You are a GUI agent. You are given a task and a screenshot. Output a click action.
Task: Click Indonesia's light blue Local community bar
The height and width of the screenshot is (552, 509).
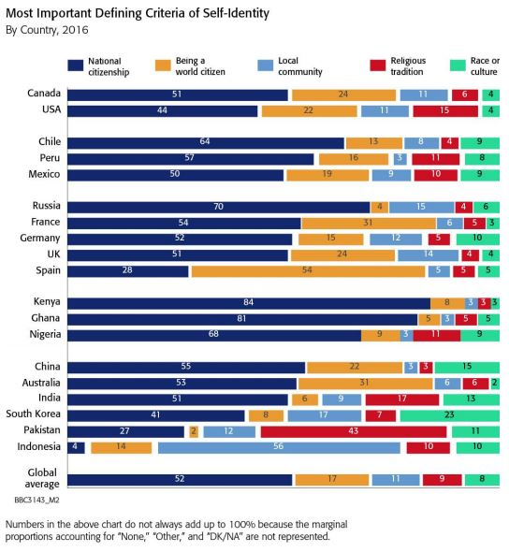pos(279,448)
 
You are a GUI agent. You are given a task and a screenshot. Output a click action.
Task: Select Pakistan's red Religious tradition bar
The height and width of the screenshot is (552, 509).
pos(354,431)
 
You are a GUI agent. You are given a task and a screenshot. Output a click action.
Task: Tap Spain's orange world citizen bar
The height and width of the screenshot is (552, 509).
pos(309,271)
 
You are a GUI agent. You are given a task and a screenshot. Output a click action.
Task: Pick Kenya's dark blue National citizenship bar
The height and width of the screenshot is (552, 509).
pos(249,303)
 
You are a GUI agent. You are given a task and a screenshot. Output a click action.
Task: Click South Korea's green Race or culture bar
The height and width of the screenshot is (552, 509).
pos(450,415)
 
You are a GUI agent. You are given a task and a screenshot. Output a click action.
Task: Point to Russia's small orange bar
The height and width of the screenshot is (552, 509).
pos(380,208)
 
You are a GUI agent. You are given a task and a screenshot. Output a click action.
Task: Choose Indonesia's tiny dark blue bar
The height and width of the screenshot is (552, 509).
pos(76,448)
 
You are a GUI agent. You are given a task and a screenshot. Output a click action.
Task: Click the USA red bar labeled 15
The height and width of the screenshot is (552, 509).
pos(445,111)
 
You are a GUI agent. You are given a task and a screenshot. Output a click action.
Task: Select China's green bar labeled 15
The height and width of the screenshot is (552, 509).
pos(467,368)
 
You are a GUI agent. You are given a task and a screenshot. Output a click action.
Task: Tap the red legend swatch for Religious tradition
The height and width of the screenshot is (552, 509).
pos(378,65)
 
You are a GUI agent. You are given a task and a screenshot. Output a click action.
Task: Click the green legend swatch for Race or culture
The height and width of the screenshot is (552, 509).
pos(458,65)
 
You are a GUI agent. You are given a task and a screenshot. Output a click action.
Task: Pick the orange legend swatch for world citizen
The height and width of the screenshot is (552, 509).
pos(163,65)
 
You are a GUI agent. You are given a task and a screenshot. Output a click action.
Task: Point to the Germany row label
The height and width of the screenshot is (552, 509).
pos(40,239)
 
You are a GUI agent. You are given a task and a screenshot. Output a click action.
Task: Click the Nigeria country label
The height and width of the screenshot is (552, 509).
pos(45,334)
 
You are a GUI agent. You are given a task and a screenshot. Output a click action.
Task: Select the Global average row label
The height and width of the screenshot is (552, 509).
pos(42,478)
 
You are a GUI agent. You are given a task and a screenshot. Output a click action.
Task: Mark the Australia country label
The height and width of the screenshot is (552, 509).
pos(41,383)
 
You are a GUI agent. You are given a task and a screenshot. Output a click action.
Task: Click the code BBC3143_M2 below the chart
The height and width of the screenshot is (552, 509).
pos(37,501)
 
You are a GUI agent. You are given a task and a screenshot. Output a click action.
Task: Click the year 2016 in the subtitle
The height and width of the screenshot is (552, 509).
pos(76,30)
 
